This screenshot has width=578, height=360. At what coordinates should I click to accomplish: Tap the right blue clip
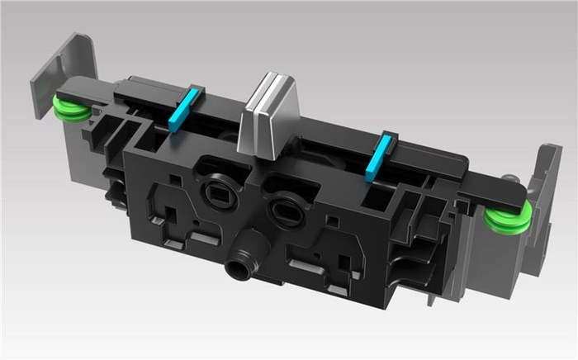coord(378,158)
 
